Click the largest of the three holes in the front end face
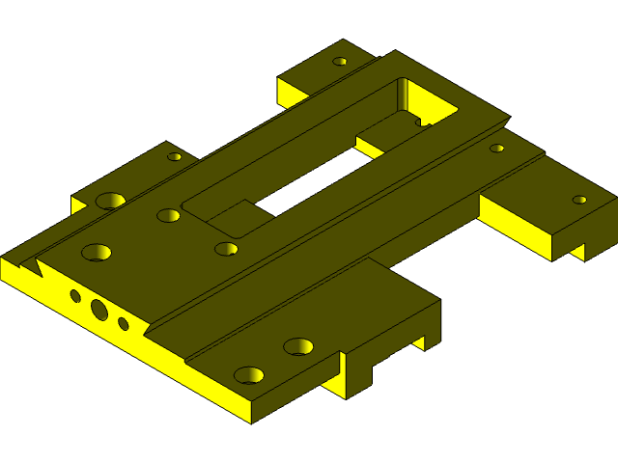[x=99, y=309]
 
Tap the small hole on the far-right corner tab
[x=579, y=200]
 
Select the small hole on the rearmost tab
[x=340, y=62]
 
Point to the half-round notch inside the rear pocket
[x=421, y=122]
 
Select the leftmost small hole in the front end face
[x=75, y=295]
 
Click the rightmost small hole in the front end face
[x=124, y=324]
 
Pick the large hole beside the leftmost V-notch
[x=96, y=253]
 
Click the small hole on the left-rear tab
[x=175, y=156]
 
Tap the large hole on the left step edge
[x=111, y=201]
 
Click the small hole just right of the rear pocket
[x=496, y=149]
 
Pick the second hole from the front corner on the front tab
[x=298, y=345]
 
